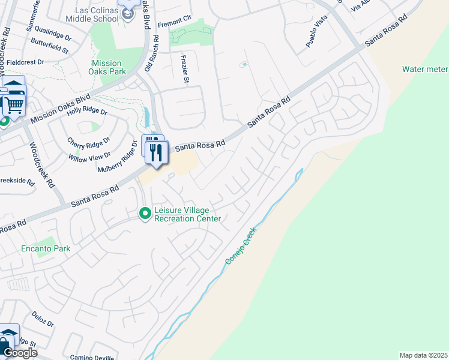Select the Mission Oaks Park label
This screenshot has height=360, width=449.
click(107, 67)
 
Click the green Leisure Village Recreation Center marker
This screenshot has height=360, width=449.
click(145, 213)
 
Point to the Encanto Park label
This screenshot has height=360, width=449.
click(46, 248)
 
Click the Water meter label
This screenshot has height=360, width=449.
click(425, 69)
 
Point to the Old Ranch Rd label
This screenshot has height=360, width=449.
click(155, 53)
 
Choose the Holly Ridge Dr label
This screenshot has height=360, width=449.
click(87, 112)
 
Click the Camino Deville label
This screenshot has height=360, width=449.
click(91, 356)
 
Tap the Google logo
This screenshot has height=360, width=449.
click(20, 353)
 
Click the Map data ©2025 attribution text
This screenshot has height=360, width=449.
click(423, 355)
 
